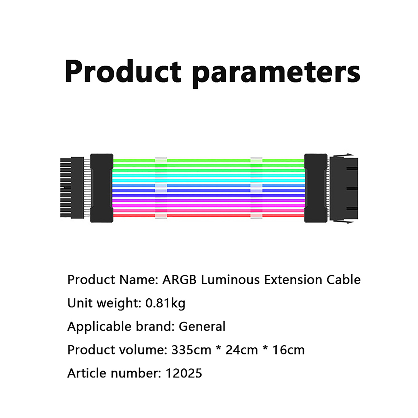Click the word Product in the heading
[x=123, y=71]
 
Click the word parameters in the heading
[x=276, y=74]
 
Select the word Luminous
[x=230, y=280]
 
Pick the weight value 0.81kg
[x=165, y=303]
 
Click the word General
[x=202, y=327]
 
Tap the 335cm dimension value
[x=191, y=350]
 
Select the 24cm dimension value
[x=242, y=350]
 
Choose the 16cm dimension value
[x=289, y=350]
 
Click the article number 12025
[x=184, y=373]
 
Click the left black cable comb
[x=102, y=188]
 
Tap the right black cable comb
[x=316, y=188]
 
